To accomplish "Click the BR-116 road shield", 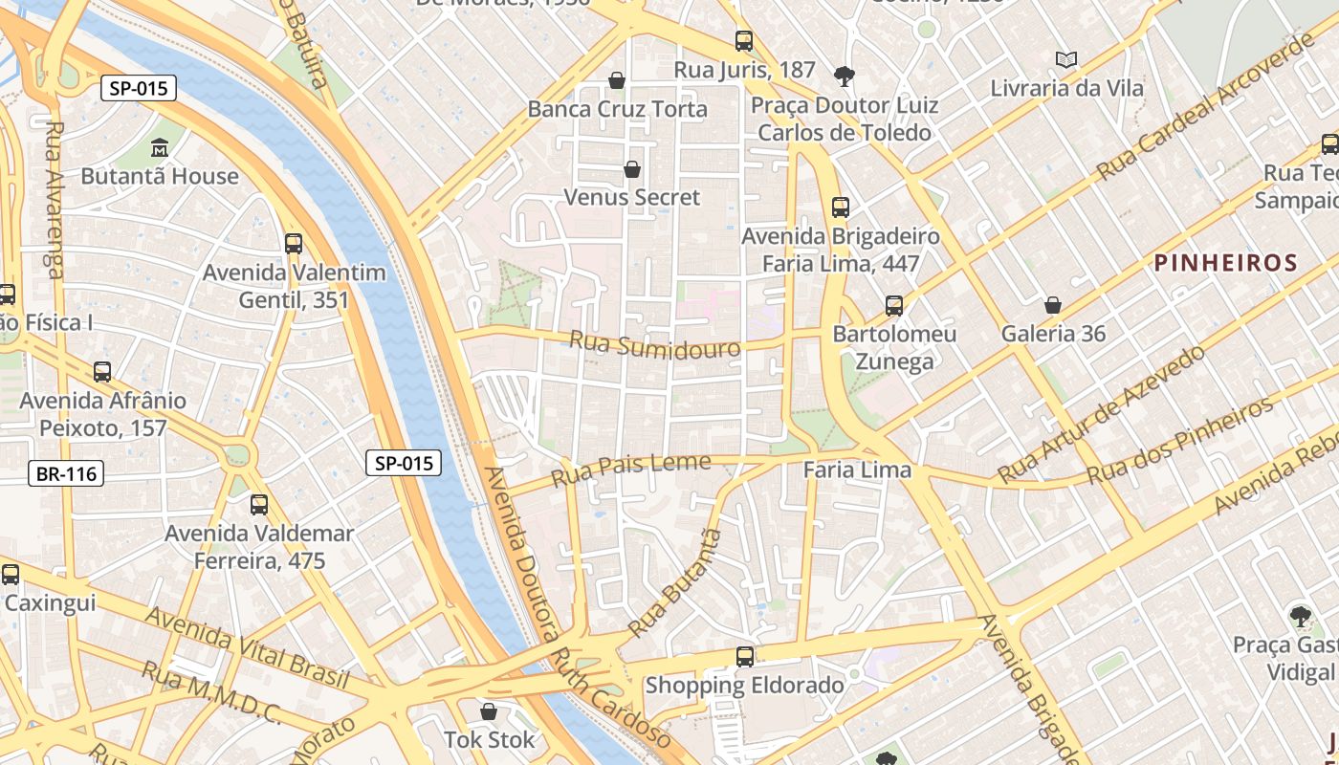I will point(66,472).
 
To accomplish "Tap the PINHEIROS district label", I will point(1225,263).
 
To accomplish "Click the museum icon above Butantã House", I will point(160,148).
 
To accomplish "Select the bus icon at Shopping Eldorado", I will point(744,656).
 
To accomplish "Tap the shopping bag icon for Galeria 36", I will point(1052,305).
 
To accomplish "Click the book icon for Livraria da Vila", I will point(1066,59).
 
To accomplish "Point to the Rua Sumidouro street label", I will point(654,344).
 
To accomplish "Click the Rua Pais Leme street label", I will point(630,470).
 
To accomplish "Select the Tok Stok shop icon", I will point(489,711).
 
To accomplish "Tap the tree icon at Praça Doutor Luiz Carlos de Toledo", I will point(844,75).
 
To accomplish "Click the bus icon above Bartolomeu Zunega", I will point(893,306).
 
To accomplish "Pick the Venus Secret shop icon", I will point(631,169).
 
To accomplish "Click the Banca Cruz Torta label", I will point(617,109).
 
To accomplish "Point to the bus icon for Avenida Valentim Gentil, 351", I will point(294,243).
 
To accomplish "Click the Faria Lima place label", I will point(857,470).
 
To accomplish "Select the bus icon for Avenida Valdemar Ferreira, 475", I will point(258,504).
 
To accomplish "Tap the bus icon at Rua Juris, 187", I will point(744,41).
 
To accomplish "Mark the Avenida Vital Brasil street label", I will point(247,647).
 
